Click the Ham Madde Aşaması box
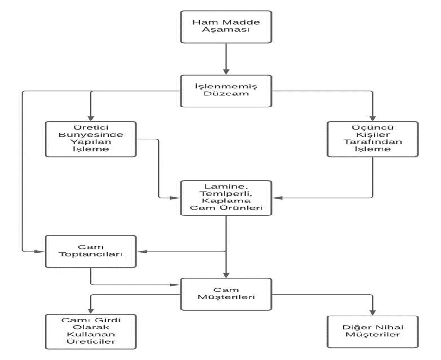(x=226, y=27)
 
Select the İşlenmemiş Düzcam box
(x=226, y=91)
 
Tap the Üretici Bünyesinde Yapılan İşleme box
(x=91, y=139)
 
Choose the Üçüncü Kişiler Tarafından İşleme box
(x=373, y=139)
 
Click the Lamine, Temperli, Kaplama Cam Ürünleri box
(x=226, y=198)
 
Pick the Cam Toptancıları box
(x=91, y=252)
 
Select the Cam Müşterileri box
(x=226, y=294)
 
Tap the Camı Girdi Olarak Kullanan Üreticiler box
(x=91, y=332)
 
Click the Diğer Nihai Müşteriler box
(x=373, y=332)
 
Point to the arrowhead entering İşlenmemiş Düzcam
(x=226, y=71)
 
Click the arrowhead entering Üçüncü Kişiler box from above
(x=373, y=118)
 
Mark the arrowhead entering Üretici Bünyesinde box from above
(x=91, y=118)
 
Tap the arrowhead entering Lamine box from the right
(x=277, y=198)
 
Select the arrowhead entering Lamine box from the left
(x=175, y=198)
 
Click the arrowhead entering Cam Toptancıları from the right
(x=142, y=251)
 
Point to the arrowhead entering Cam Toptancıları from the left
(x=40, y=251)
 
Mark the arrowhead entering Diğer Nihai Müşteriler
(x=373, y=312)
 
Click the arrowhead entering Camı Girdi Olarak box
(x=91, y=310)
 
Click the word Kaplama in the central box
(x=226, y=201)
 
